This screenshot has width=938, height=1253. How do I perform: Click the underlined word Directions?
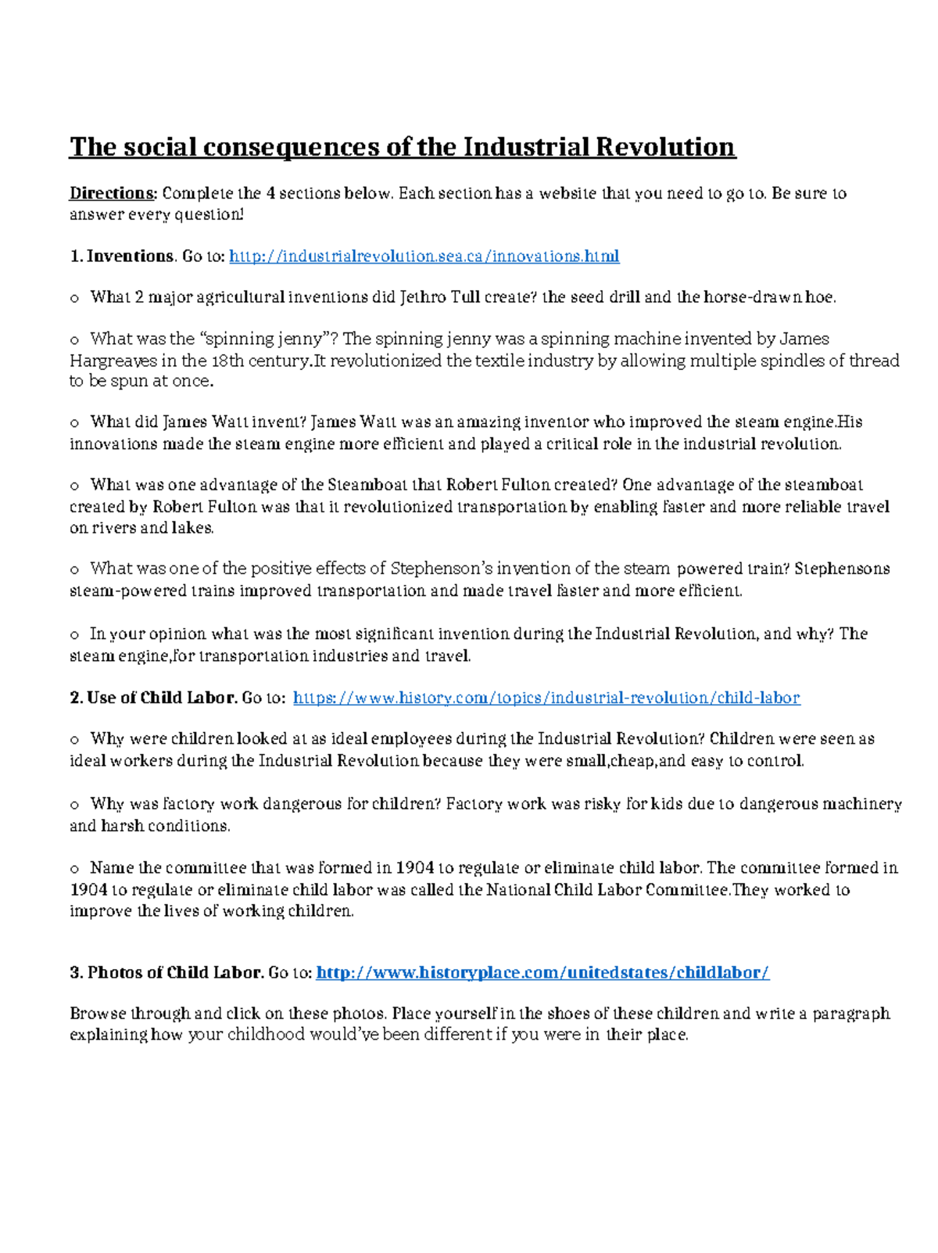click(x=113, y=193)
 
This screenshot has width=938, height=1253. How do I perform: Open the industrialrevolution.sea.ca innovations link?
click(x=424, y=257)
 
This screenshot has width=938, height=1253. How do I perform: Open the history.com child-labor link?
click(x=546, y=698)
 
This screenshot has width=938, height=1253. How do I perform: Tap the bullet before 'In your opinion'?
click(x=74, y=635)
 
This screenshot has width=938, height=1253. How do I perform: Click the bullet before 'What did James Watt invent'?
click(x=74, y=423)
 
